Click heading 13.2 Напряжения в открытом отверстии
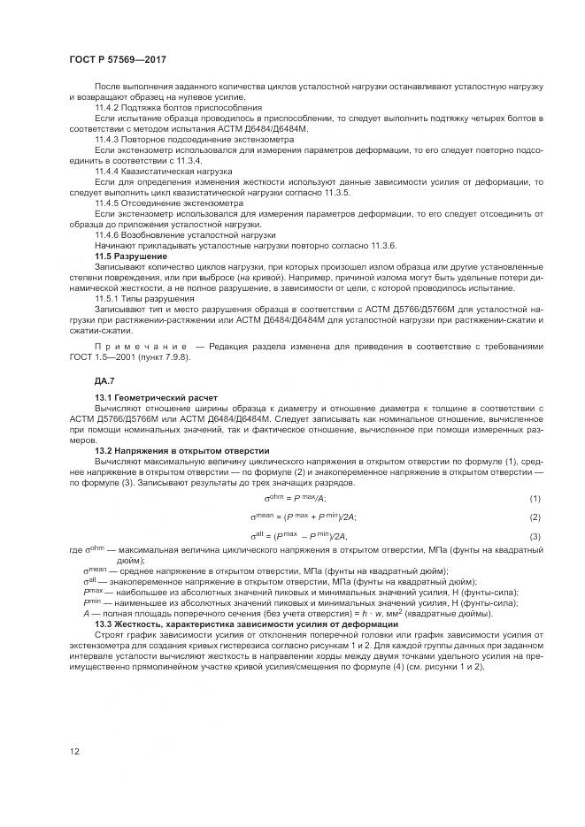181,451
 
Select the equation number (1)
535,499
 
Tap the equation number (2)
535,517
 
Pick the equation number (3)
535,537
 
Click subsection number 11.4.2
107,107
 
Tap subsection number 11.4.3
107,140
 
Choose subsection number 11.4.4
107,172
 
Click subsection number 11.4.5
107,203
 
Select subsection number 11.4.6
107,235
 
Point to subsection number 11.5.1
107,299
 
